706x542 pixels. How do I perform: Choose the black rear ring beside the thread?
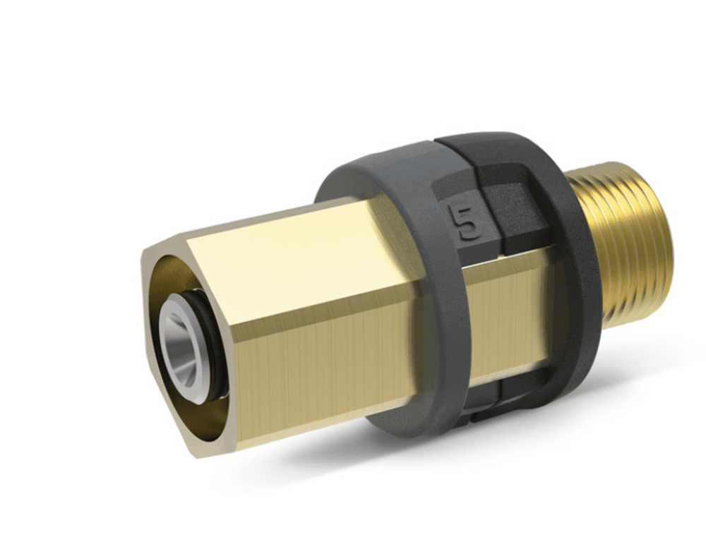coord(579,268)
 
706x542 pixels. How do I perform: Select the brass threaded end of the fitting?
coord(628,247)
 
